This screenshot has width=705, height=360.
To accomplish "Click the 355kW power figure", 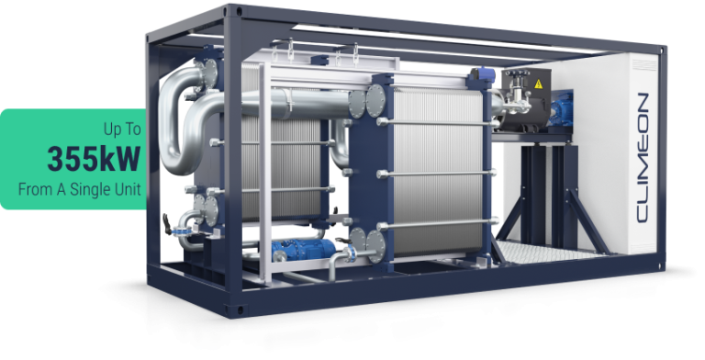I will tap(94, 159).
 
